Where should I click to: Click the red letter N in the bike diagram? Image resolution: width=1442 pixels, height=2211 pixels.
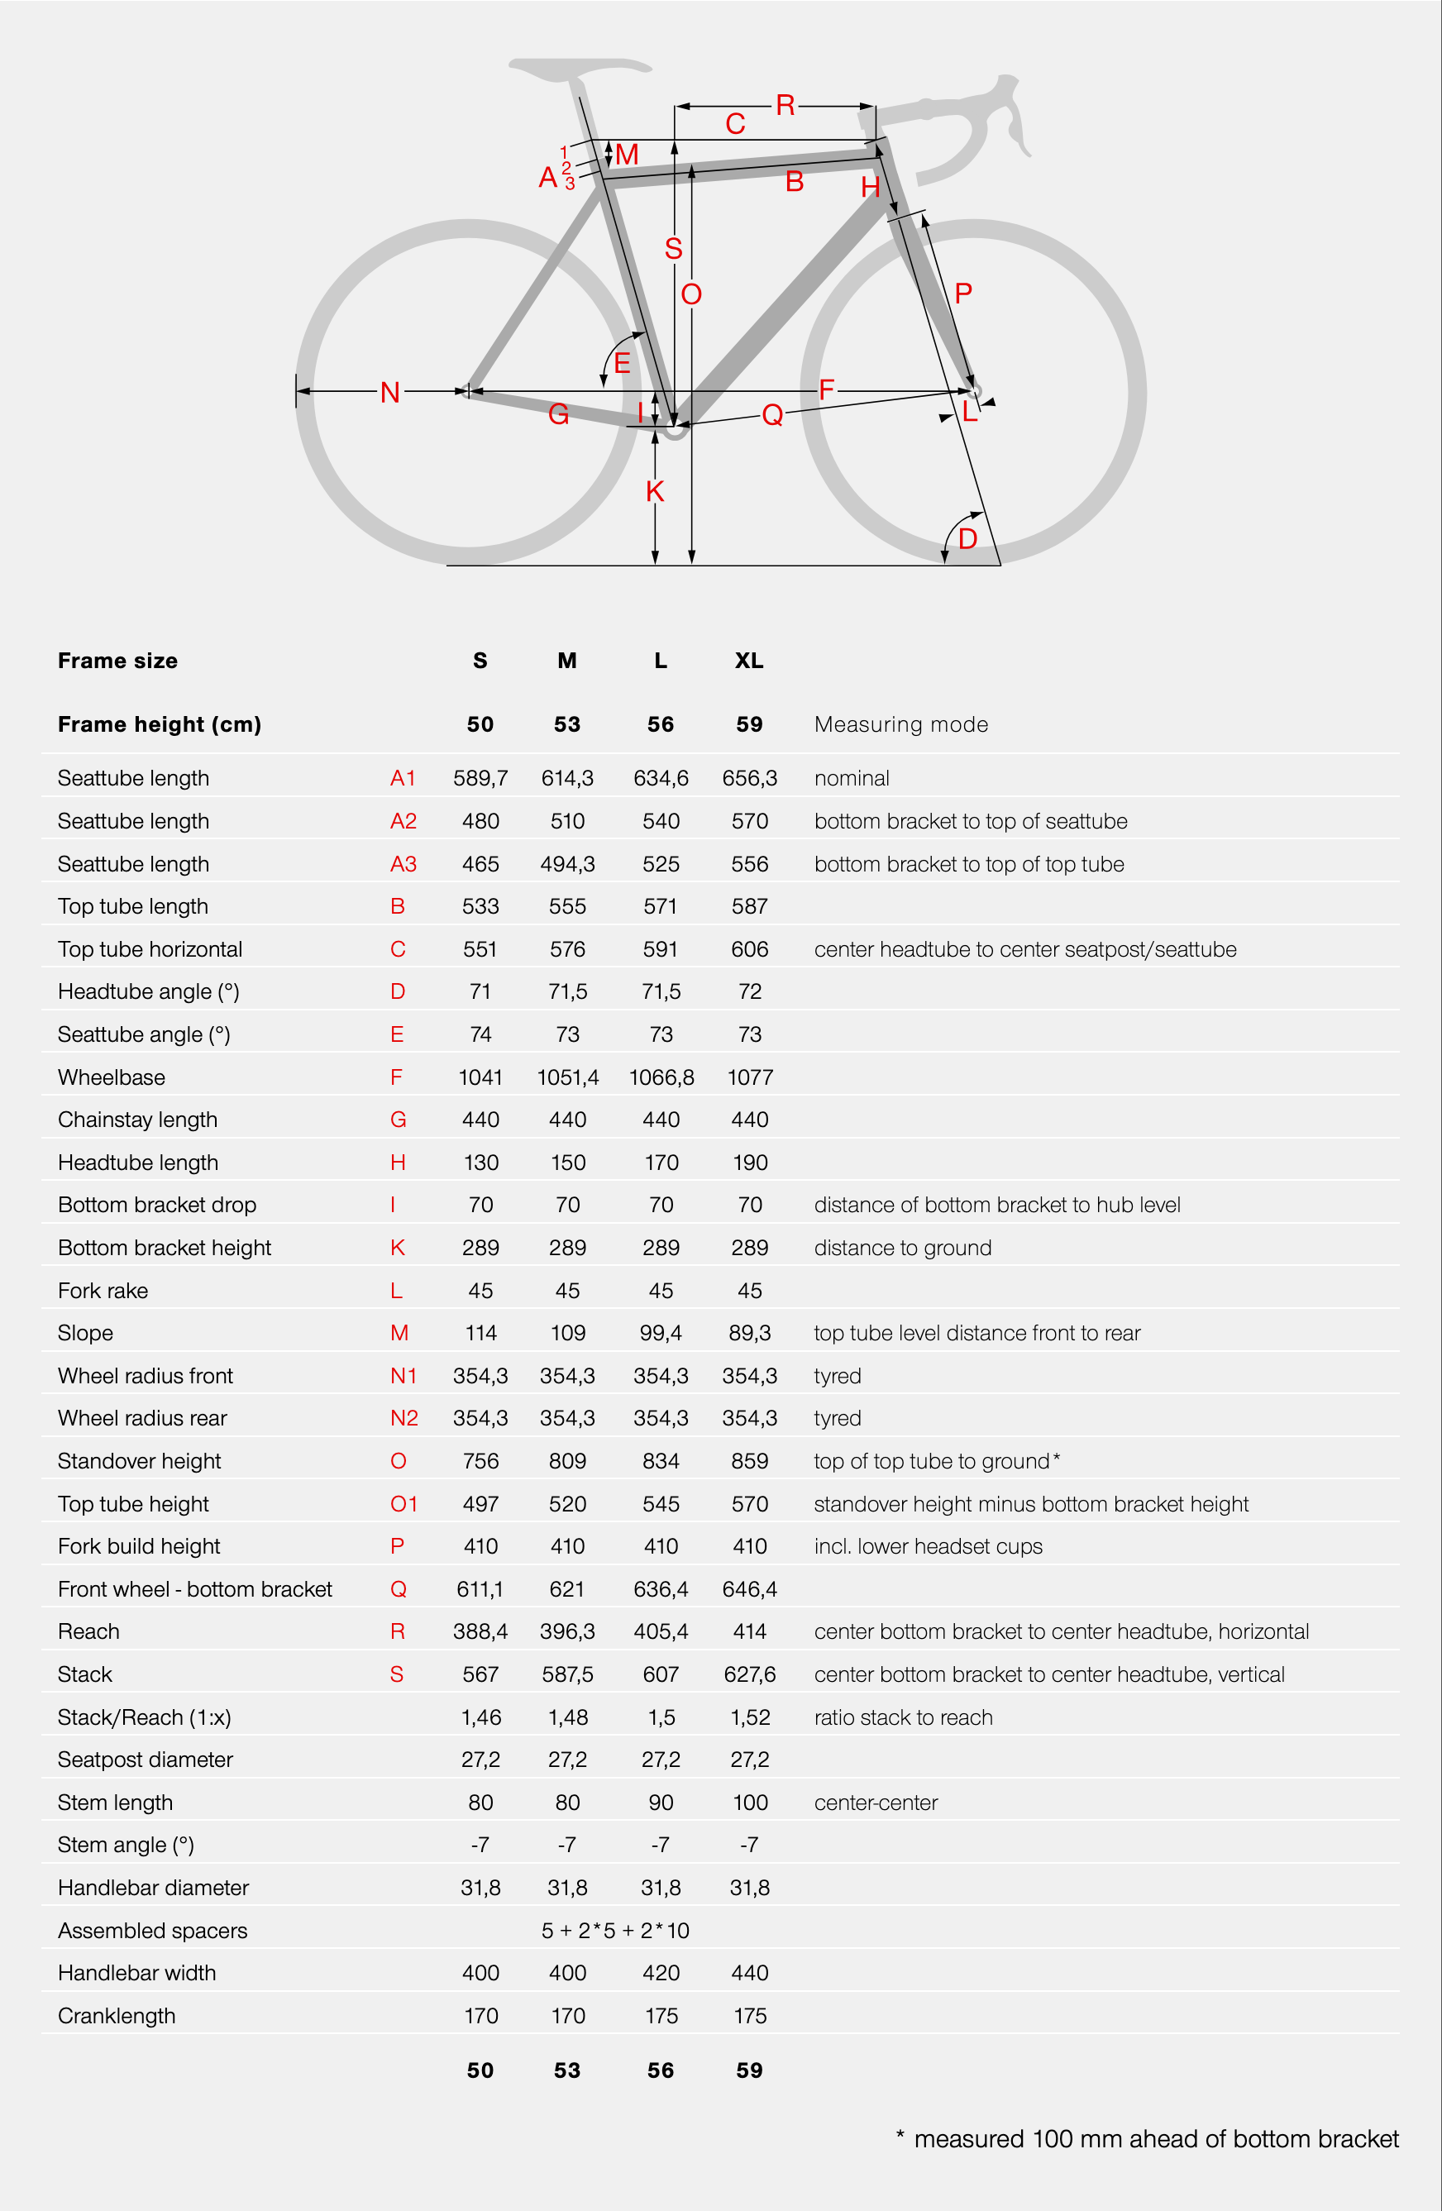tap(390, 392)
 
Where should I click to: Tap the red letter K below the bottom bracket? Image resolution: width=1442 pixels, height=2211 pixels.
tap(655, 491)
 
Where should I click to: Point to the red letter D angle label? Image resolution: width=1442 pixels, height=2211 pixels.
tap(967, 539)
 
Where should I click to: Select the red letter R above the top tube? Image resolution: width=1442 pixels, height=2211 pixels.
tap(785, 105)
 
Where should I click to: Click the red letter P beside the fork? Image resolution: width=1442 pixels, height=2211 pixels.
tap(963, 294)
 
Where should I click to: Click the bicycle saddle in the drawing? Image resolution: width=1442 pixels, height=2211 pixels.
tap(580, 68)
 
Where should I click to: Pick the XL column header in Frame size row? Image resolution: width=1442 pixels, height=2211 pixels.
tap(749, 661)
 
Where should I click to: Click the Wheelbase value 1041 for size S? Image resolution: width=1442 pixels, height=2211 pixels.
tap(480, 1077)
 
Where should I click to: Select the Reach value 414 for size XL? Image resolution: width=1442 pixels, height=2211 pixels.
tap(749, 1631)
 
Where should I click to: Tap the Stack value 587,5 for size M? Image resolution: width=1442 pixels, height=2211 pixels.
tap(568, 1674)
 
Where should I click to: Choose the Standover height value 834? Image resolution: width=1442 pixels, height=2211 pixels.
tap(661, 1461)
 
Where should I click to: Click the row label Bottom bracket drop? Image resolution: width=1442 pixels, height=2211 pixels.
tap(157, 1205)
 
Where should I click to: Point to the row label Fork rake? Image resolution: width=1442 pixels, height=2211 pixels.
tap(103, 1291)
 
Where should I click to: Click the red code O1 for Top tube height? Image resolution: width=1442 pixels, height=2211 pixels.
tap(403, 1504)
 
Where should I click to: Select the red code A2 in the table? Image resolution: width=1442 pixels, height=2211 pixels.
tap(403, 821)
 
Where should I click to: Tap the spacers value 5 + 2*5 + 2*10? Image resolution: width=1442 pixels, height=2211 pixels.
tap(615, 1931)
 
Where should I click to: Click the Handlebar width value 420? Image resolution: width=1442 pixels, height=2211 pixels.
tap(661, 1973)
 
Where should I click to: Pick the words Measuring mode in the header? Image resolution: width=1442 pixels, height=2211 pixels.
tap(900, 724)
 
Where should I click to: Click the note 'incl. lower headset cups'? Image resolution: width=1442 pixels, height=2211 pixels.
tap(929, 1546)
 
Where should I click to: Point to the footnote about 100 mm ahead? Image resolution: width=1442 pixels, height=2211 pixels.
tap(1148, 2138)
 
